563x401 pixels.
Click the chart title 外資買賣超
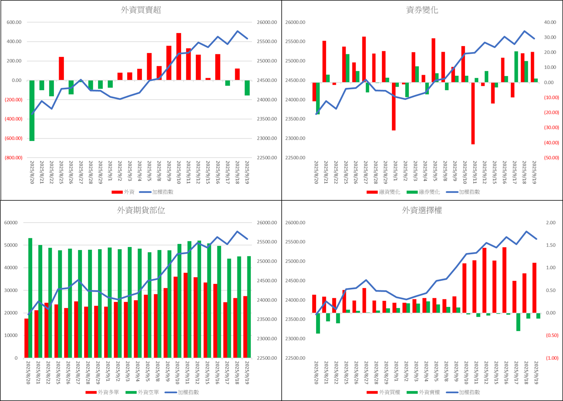tap(141, 10)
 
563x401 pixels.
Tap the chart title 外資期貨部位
tap(141, 210)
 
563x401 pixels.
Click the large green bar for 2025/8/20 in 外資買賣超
tap(32, 111)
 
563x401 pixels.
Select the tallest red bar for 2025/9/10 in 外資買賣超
tap(178, 56)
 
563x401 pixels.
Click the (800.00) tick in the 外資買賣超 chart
tap(15, 158)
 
